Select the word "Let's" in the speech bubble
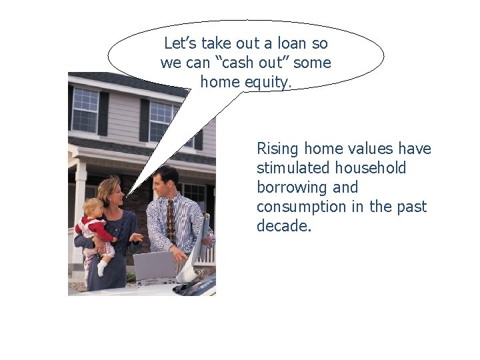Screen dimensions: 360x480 click(x=178, y=44)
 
